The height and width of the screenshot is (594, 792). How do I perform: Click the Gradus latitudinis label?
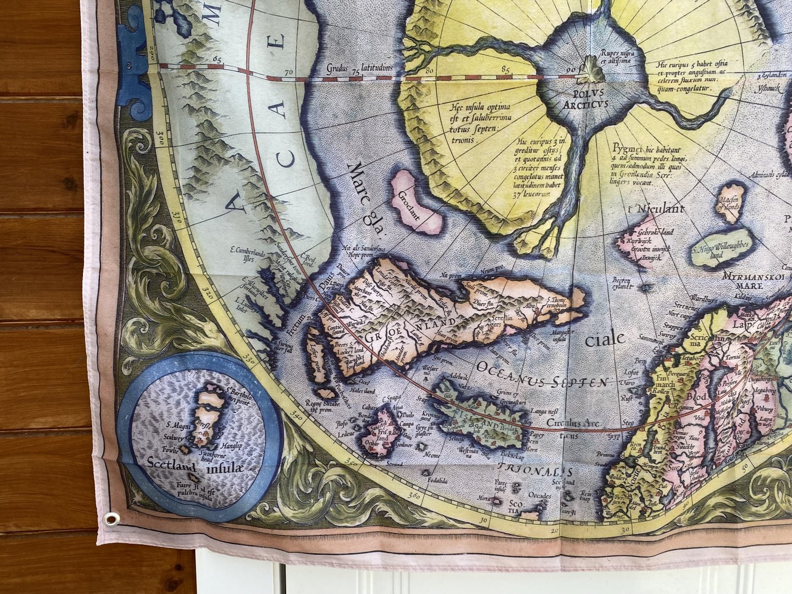360,68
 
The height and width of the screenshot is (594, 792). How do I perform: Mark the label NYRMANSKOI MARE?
743,280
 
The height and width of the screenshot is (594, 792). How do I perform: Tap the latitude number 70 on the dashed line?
288,72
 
